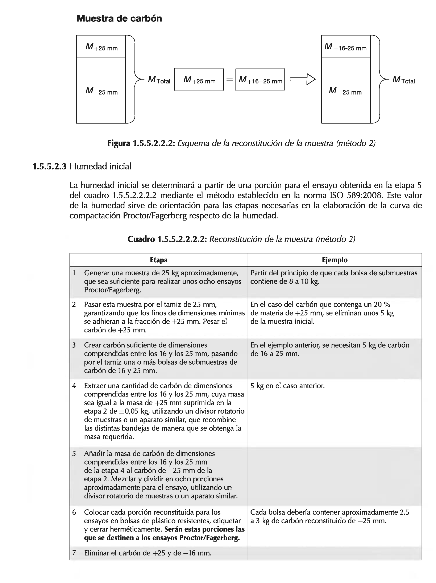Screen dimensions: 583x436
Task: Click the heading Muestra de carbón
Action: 119,18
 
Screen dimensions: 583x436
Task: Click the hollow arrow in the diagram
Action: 303,79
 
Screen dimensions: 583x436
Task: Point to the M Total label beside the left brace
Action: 159,80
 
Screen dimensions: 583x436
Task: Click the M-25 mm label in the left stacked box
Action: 101,91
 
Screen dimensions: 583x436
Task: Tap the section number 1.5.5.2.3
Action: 49,167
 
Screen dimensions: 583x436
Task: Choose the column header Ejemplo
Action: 335,260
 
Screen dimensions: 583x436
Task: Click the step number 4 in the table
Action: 74,386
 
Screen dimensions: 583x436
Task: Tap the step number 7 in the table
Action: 74,553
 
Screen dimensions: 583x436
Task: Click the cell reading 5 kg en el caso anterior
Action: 287,386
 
